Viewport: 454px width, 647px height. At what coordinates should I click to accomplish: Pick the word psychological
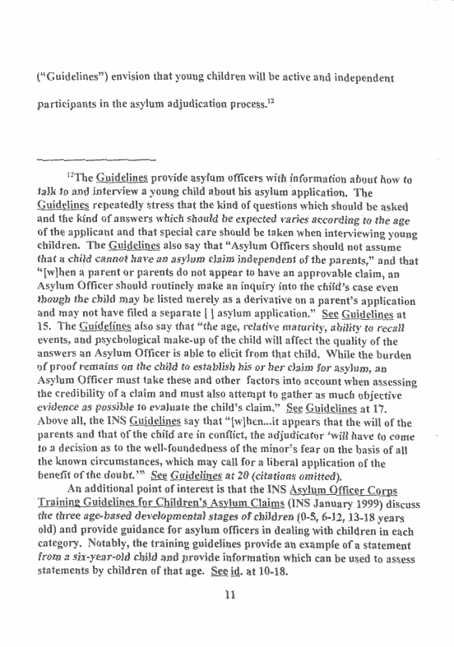click(141, 371)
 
